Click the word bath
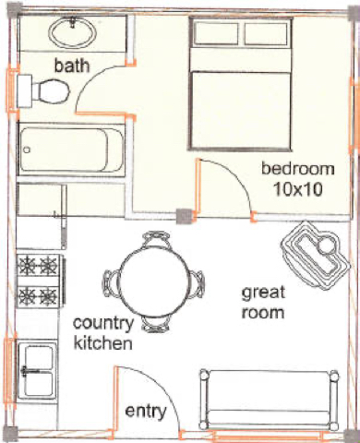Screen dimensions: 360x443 click(72, 66)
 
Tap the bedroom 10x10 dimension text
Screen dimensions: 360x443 click(298, 189)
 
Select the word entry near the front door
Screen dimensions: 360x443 click(146, 412)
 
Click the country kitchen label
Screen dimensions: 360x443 click(103, 333)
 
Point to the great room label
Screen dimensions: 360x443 click(263, 303)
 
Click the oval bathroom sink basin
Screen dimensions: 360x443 click(73, 33)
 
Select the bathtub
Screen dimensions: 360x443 click(71, 150)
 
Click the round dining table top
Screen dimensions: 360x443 click(153, 281)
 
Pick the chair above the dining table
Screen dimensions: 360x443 click(156, 240)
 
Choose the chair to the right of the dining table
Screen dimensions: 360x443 click(197, 284)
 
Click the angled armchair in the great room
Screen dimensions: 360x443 click(316, 256)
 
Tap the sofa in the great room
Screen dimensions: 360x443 click(269, 400)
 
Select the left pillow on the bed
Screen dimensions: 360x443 click(216, 33)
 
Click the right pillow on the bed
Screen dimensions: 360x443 click(267, 33)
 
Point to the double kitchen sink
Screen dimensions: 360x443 click(38, 371)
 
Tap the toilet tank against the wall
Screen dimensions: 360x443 click(25, 91)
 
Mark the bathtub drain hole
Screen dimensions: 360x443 click(27, 150)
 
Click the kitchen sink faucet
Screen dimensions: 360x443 click(30, 370)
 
